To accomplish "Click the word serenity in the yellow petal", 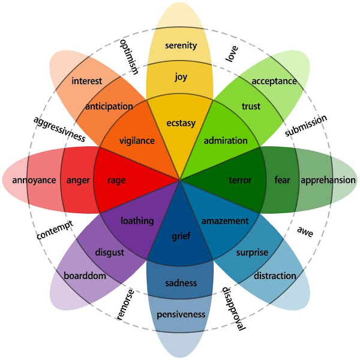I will click(181, 46).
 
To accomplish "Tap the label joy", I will click(181, 77).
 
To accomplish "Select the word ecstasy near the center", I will click(181, 124).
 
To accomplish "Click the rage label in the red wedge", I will click(116, 180).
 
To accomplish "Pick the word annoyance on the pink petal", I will click(29, 180).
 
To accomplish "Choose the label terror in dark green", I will click(241, 180).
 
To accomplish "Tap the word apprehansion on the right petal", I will click(328, 180).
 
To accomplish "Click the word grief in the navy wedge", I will click(181, 236).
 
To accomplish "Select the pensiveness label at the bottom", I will click(181, 314).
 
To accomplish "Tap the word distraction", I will click(275, 276).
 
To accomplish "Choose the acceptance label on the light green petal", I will click(274, 81).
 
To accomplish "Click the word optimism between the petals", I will click(129, 58).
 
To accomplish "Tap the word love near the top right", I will click(231, 54).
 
